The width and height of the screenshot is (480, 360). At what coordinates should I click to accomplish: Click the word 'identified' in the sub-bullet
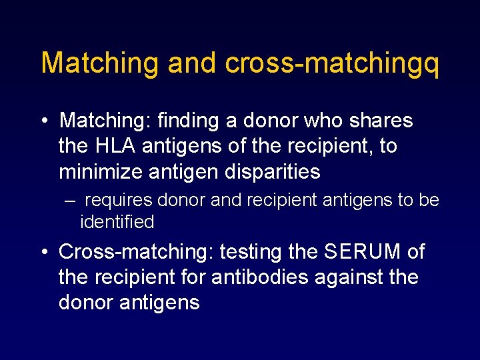117,221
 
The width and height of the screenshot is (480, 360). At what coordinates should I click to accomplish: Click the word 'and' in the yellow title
192,62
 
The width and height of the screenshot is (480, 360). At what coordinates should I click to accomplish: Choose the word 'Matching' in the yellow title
101,63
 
